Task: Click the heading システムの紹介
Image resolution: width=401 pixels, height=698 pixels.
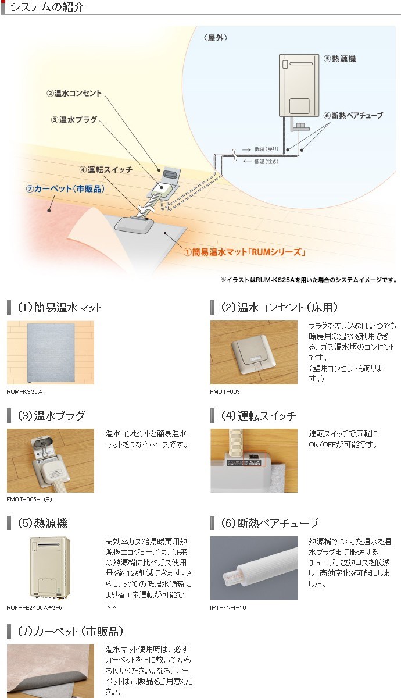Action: pyautogui.click(x=47, y=8)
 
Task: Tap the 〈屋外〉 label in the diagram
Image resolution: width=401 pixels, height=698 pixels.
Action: pyautogui.click(x=216, y=38)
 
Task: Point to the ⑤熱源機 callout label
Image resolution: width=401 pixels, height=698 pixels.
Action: pyautogui.click(x=341, y=58)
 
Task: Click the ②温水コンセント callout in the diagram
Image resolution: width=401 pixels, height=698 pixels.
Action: pyautogui.click(x=74, y=93)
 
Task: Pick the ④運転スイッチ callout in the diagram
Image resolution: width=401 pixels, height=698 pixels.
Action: pyautogui.click(x=106, y=170)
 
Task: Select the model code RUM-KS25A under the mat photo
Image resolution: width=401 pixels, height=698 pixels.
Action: pyautogui.click(x=25, y=392)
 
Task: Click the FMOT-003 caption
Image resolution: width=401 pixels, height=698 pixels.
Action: pyautogui.click(x=224, y=392)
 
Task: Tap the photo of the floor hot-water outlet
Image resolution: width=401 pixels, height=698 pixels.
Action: pyautogui.click(x=253, y=352)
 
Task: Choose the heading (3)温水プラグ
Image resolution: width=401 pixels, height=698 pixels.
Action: pyautogui.click(x=51, y=415)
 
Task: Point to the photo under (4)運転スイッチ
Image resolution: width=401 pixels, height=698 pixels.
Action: pyautogui.click(x=253, y=460)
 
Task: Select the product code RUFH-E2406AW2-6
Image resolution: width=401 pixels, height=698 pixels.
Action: pyautogui.click(x=35, y=607)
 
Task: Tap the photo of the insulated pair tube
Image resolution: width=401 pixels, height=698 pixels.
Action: pyautogui.click(x=253, y=568)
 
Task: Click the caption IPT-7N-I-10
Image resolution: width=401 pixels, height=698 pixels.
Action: pyautogui.click(x=228, y=607)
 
